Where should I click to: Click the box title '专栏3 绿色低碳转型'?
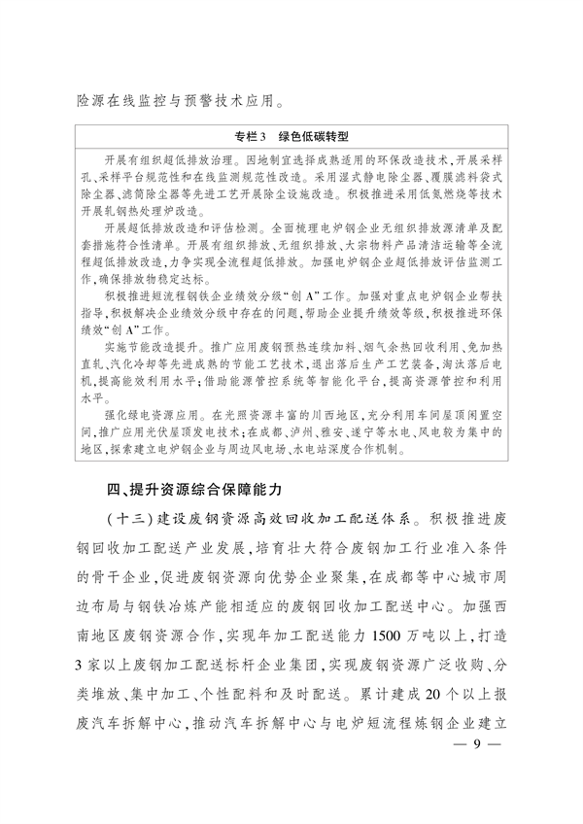tap(291, 138)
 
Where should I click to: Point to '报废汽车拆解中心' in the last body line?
tap(146, 728)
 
